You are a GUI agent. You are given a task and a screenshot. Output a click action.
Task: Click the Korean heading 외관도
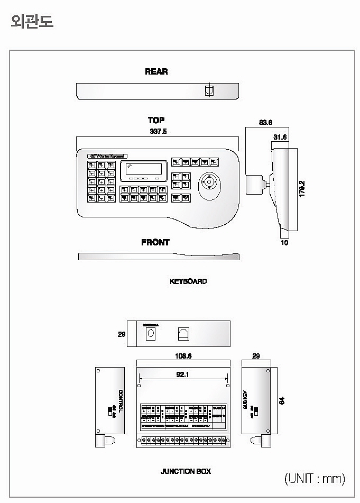[32, 21]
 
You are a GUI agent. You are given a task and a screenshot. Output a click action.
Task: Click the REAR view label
[156, 71]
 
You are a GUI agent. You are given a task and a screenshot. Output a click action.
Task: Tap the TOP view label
[156, 120]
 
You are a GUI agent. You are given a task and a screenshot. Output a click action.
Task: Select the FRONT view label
[155, 242]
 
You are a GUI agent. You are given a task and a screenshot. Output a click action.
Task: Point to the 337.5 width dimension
[158, 131]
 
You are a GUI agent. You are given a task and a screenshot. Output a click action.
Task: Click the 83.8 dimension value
[265, 122]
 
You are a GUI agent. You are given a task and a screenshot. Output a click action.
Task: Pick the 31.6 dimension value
[280, 138]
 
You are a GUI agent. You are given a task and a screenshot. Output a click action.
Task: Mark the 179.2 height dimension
[302, 189]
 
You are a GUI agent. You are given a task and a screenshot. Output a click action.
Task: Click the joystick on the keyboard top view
[210, 184]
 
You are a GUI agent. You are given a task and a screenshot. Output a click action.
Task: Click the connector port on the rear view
[209, 90]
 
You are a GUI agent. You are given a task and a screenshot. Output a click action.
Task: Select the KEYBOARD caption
[188, 281]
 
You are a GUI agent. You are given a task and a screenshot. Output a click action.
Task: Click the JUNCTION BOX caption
[186, 471]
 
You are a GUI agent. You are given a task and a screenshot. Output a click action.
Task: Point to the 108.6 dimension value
[183, 356]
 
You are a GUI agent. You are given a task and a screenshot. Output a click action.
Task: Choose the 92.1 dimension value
[183, 374]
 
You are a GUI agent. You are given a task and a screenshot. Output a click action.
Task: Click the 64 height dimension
[282, 400]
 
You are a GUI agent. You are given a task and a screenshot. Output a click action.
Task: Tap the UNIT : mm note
[315, 479]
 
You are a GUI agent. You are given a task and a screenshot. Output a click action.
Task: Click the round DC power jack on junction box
[150, 333]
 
